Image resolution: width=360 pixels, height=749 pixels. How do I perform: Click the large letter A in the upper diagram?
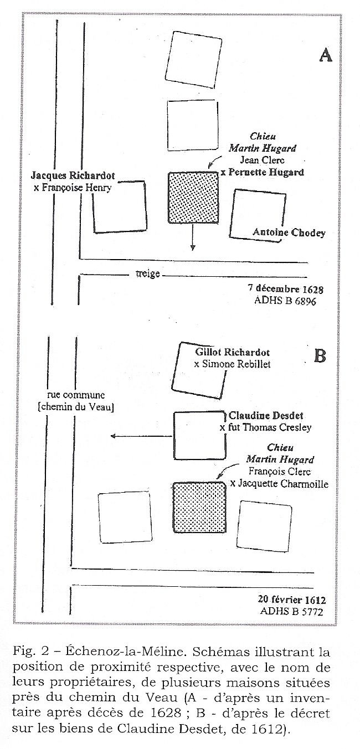pos(325,55)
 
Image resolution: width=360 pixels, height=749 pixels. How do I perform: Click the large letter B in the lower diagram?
pos(320,356)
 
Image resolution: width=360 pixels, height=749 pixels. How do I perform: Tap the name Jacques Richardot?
pos(73,175)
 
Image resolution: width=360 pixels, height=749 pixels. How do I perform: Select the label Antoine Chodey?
pos(289,233)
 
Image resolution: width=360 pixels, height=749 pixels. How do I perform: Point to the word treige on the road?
pos(147,274)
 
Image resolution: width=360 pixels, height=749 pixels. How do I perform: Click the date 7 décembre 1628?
pos(285,288)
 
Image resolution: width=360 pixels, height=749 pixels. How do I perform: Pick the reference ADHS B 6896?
pos(285,301)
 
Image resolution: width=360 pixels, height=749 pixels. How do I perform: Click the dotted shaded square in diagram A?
pos(193,197)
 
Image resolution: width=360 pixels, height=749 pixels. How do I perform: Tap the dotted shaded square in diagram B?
pos(199,507)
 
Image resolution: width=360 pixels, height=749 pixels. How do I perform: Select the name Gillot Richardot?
pos(232,352)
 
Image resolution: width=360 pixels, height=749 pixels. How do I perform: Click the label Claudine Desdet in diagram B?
pos(266,416)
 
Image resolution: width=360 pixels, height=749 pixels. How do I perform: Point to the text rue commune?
pos(76,395)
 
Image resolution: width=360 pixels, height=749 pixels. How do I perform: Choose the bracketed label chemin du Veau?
pos(76,407)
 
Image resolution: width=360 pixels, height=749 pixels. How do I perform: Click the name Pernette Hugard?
pos(266,172)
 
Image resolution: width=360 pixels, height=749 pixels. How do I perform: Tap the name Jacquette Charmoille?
pos(283,484)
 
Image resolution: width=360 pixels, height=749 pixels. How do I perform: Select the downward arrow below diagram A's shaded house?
pos(192,237)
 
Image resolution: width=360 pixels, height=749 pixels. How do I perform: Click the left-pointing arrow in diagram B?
pos(142,436)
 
